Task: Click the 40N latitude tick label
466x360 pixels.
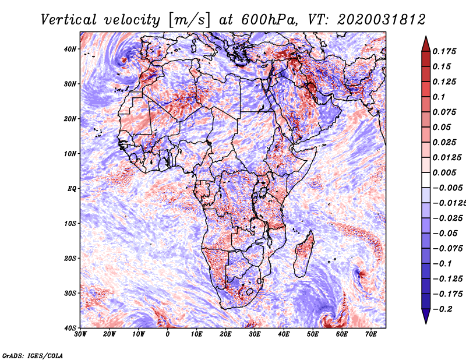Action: [70, 49]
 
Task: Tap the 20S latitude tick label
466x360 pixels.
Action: [70, 258]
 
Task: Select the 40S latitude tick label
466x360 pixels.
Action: [70, 328]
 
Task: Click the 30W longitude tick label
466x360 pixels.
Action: [80, 334]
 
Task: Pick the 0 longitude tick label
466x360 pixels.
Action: [168, 334]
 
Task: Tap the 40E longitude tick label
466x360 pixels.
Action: [284, 334]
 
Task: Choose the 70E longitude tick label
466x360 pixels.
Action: [370, 334]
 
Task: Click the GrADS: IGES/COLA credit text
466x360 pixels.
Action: [32, 355]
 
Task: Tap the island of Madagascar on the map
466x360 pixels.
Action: [305, 253]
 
